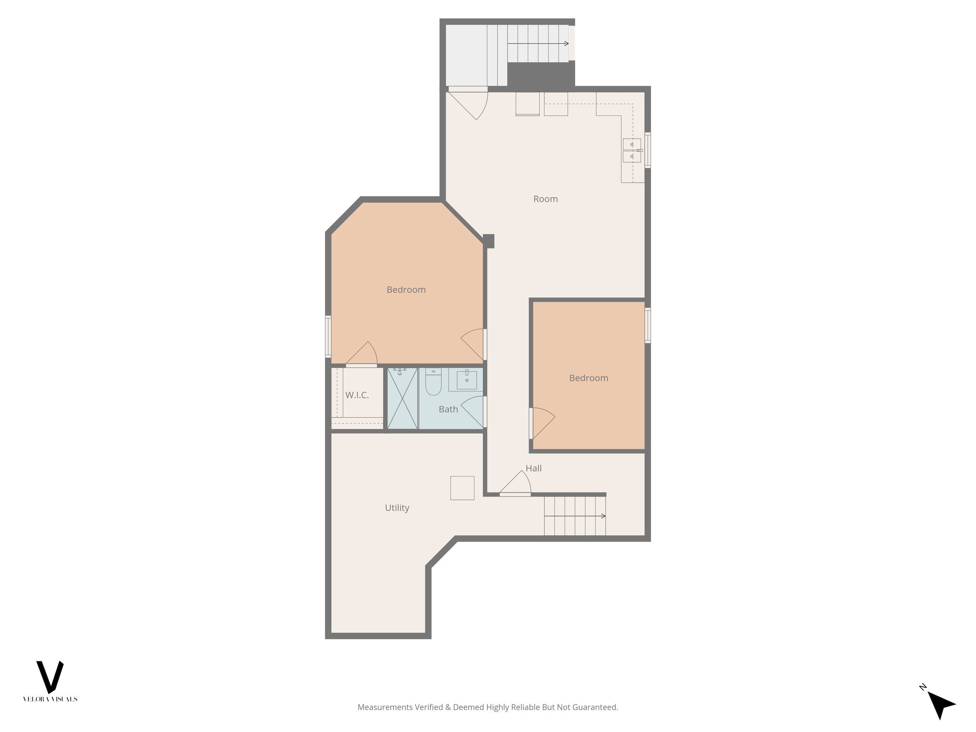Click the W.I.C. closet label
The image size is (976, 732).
pyautogui.click(x=357, y=395)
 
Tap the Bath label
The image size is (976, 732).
pyautogui.click(x=448, y=409)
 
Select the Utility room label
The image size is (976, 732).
pyautogui.click(x=397, y=508)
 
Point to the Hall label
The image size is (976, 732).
pyautogui.click(x=533, y=468)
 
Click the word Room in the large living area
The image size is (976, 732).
pyautogui.click(x=545, y=199)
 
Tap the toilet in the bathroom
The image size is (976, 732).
pyautogui.click(x=433, y=384)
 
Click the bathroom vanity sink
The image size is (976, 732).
pyautogui.click(x=467, y=380)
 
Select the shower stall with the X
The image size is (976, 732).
pyautogui.click(x=403, y=398)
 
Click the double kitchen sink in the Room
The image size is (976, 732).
pyautogui.click(x=632, y=150)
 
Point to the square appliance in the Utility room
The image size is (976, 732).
pyautogui.click(x=462, y=488)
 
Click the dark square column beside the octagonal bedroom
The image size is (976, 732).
pyautogui.click(x=488, y=241)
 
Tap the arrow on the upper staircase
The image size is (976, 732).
pyautogui.click(x=566, y=44)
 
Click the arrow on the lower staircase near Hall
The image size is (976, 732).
pyautogui.click(x=602, y=516)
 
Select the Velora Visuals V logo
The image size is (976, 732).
pyautogui.click(x=50, y=677)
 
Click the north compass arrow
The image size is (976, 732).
pyautogui.click(x=941, y=704)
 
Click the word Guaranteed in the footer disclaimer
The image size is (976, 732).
pyautogui.click(x=596, y=707)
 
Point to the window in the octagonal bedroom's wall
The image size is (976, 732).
pyautogui.click(x=328, y=336)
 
